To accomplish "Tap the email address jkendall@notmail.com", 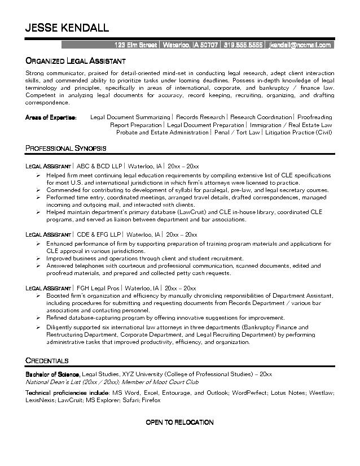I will click(300, 45).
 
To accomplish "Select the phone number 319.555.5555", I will click(243, 45).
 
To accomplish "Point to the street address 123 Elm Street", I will click(135, 45).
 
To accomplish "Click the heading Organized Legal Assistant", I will click(75, 60).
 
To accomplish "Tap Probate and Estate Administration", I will click(162, 132).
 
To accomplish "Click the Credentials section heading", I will click(47, 360).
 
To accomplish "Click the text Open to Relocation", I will click(179, 422).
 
